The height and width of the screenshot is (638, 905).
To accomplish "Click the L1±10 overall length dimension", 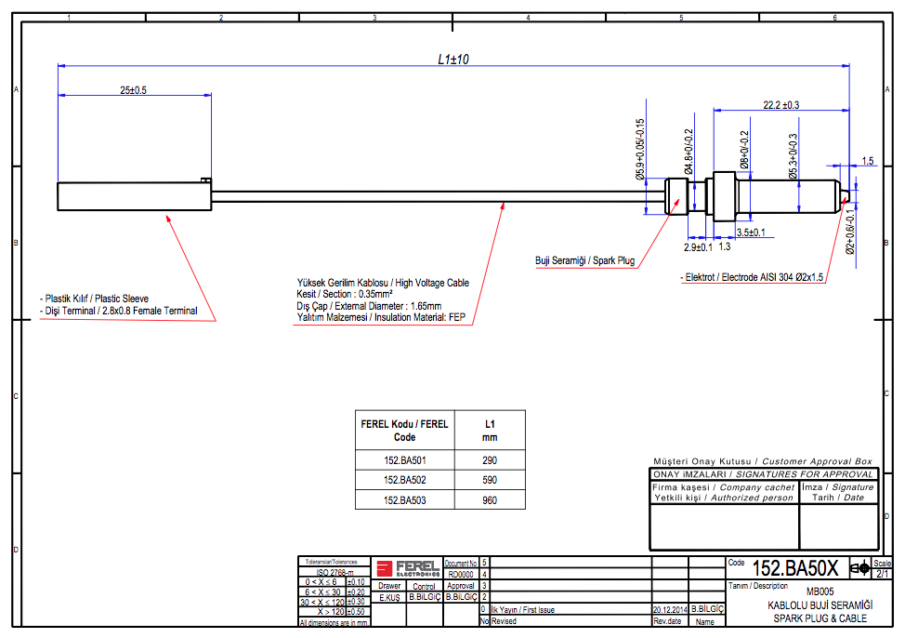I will pos(453,59).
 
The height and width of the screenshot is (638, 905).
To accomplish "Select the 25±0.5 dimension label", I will pos(134,90).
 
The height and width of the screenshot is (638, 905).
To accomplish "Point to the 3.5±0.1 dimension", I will pos(751,232).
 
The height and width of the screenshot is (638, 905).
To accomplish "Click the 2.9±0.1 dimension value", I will pos(698,247).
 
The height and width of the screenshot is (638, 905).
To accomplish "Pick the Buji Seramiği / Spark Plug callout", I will pos(584,260).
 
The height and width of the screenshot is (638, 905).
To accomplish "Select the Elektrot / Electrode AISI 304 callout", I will pos(754,277).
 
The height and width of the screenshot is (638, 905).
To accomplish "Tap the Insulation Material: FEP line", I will pos(380,318).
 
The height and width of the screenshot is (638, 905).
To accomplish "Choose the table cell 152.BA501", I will pos(404,460).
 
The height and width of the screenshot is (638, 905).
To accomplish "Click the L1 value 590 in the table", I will pos(490,480).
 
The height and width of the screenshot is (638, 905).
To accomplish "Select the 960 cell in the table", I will pos(490,500).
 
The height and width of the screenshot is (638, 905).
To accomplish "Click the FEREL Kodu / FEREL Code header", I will pos(404,430).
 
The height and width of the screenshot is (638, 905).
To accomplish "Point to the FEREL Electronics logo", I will pos(407,566).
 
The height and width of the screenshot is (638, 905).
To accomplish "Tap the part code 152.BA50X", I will pos(795,568).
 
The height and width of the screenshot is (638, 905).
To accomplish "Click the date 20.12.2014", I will pos(669,609).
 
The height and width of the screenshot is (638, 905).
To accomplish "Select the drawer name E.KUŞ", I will pos(389,598).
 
